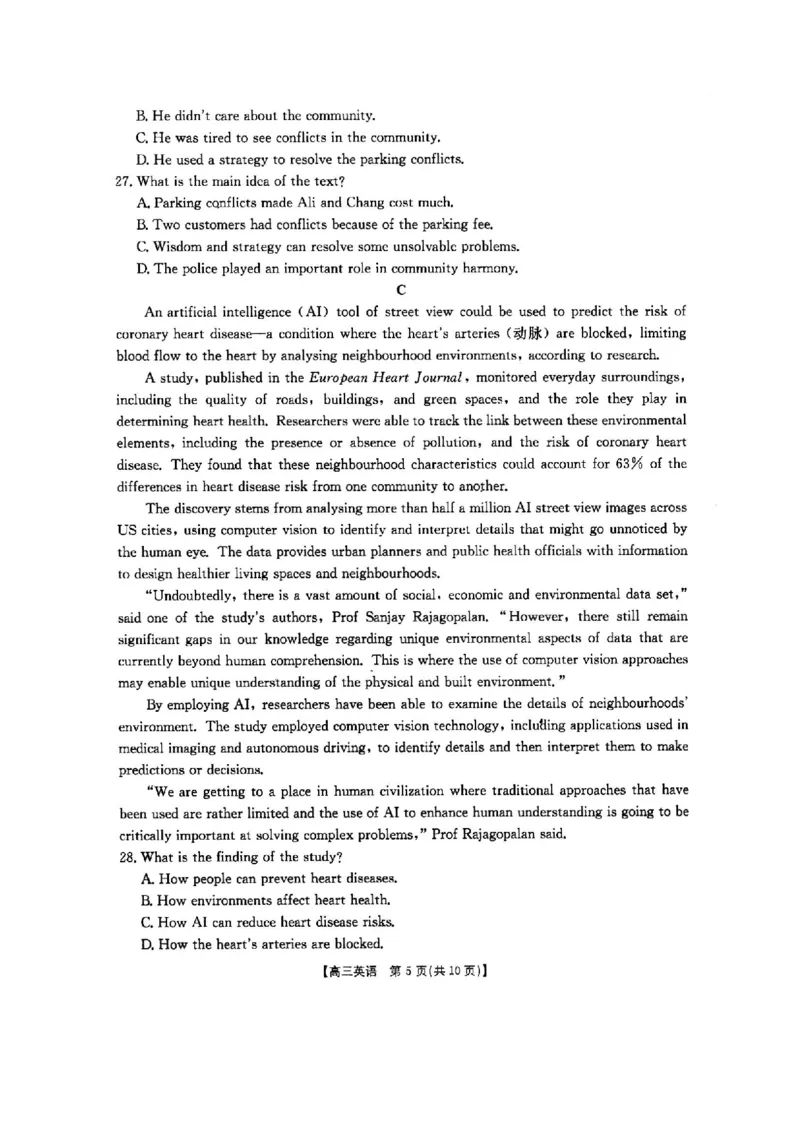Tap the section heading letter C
pos(401,290)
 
